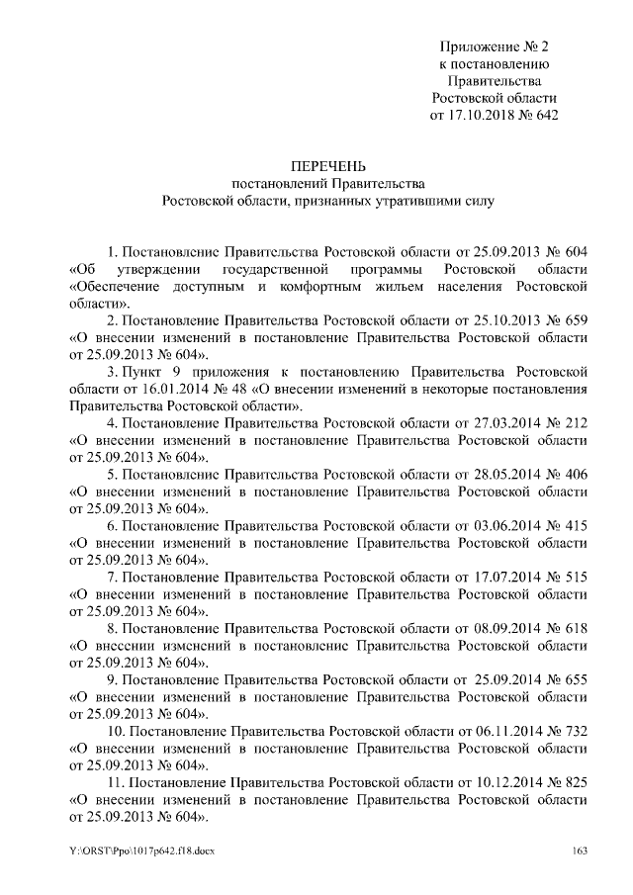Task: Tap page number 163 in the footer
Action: (x=580, y=850)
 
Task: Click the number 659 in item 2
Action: (x=575, y=320)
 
